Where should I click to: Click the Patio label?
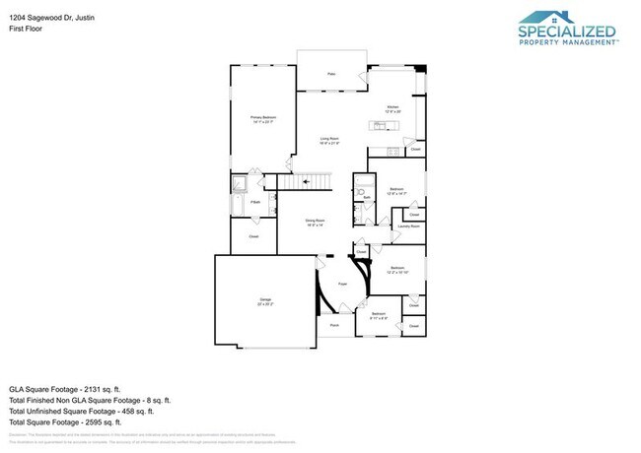tap(332, 75)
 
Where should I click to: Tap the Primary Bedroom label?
tap(262, 116)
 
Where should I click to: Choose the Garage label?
tap(265, 298)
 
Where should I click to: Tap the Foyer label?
tap(343, 284)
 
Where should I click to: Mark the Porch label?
tap(334, 324)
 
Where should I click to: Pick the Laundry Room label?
tap(409, 226)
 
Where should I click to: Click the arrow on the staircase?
tap(306, 181)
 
